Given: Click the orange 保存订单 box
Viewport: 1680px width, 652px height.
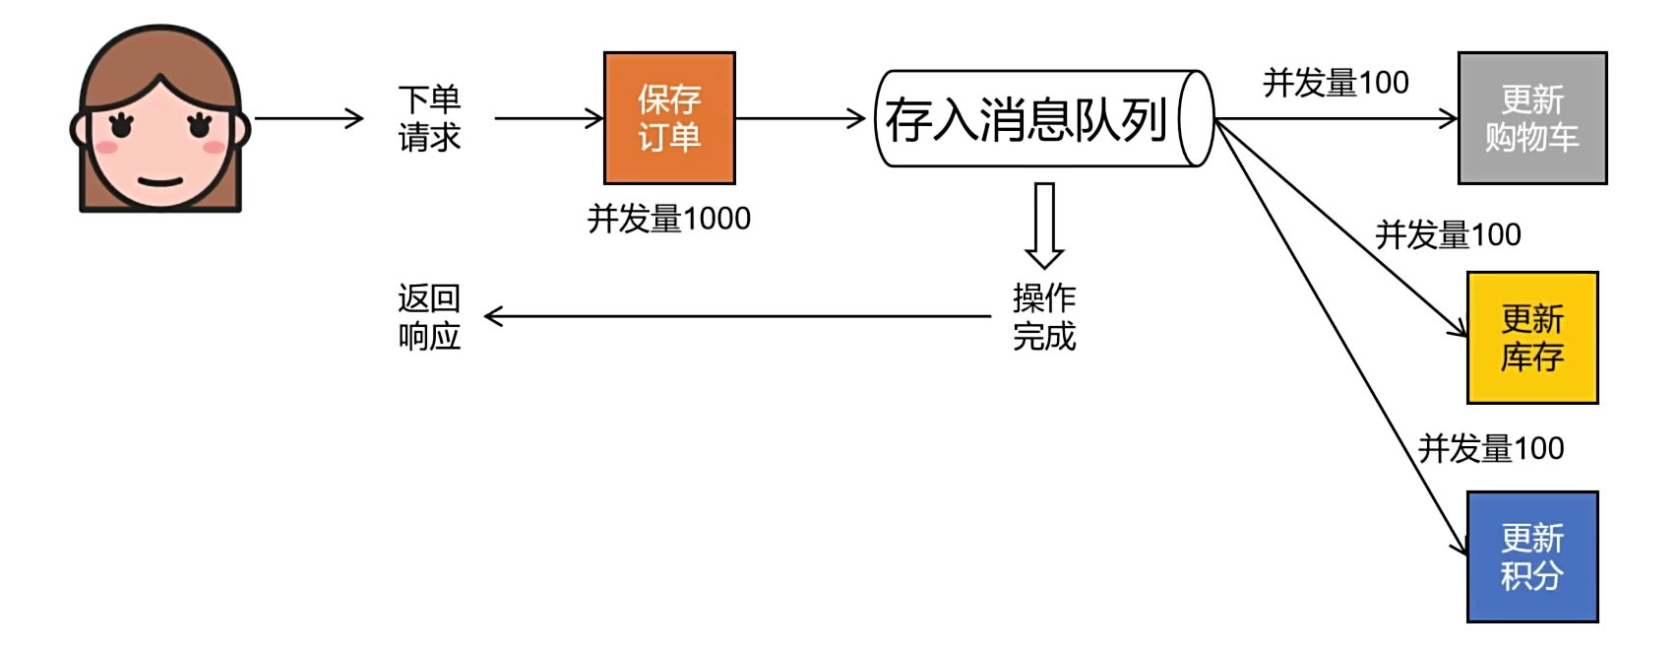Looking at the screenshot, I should coord(669,118).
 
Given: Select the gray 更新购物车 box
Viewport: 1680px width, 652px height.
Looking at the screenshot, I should coord(1531,118).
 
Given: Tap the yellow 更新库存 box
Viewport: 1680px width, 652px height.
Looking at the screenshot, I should coord(1531,338).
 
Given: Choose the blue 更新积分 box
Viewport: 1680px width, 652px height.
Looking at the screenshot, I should coord(1531,556).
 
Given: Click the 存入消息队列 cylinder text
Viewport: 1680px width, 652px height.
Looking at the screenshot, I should coord(1026,120).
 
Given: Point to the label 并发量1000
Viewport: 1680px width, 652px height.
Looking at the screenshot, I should coord(669,219).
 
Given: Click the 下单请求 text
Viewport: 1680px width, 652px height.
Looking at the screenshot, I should coord(429,118).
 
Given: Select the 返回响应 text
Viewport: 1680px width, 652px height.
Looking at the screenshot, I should coord(429,317).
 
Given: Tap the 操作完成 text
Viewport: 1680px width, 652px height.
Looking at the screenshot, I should coord(1044,317).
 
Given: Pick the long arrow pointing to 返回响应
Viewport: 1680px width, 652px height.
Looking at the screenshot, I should coord(738,316).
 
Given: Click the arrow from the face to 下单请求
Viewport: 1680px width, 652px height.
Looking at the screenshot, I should coord(309,119).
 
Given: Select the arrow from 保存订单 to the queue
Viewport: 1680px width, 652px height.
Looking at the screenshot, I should coord(800,119).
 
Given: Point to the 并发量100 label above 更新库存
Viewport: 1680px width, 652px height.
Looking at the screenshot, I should coord(1448,235).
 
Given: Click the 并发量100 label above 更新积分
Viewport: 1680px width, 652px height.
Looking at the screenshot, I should coord(1490,449).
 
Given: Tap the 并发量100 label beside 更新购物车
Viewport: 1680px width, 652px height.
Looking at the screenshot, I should coord(1336,83).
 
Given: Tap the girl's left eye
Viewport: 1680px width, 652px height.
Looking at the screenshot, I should coord(122,125).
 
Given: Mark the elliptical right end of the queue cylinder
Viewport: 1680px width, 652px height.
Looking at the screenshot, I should coord(1196,118).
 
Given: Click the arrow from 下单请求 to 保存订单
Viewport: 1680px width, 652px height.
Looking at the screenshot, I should coord(548,119).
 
